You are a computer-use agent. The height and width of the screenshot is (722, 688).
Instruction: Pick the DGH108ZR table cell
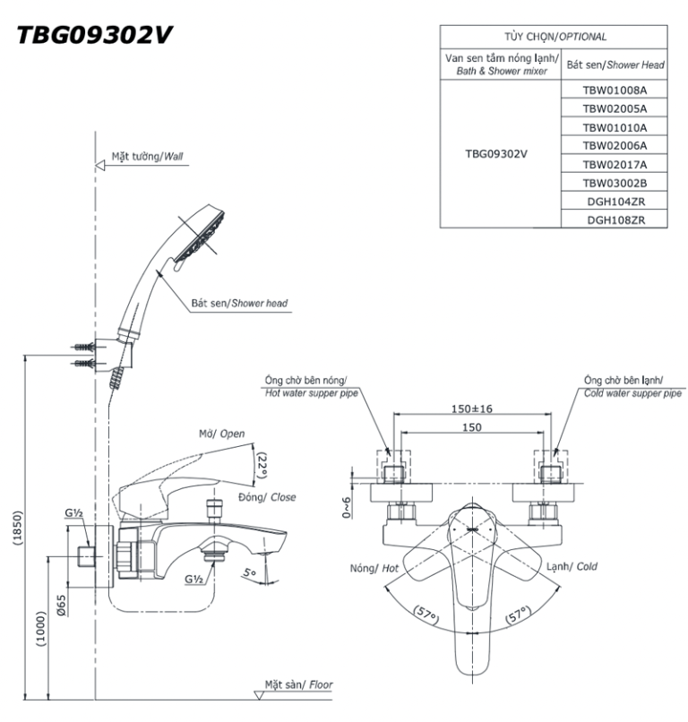pyautogui.click(x=614, y=218)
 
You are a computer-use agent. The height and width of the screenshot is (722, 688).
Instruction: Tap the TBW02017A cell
pyautogui.click(x=614, y=163)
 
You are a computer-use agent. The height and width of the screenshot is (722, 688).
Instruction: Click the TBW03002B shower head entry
pyautogui.click(x=614, y=182)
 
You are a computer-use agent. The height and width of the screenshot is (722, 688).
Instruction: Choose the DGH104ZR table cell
pyautogui.click(x=614, y=200)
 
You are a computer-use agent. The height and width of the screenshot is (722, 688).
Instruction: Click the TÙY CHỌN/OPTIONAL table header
pyautogui.click(x=555, y=37)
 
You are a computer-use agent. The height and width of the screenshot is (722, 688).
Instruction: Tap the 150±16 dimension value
pyautogui.click(x=472, y=409)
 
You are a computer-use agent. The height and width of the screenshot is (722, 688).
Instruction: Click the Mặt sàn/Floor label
pyautogui.click(x=298, y=684)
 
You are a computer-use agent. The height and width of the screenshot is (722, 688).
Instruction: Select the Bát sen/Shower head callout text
pyautogui.click(x=239, y=304)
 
